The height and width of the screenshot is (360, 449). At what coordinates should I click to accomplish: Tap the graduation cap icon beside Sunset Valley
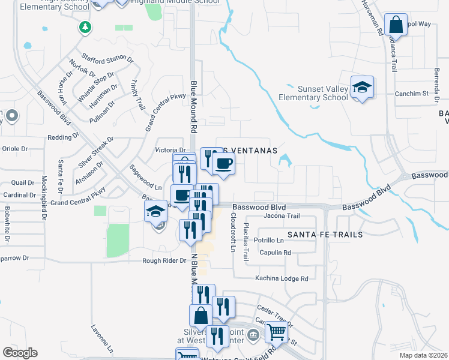tap(362, 88)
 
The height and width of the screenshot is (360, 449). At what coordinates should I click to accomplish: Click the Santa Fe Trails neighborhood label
tap(325, 235)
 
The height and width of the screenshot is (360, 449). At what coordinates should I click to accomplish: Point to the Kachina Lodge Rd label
tap(281, 278)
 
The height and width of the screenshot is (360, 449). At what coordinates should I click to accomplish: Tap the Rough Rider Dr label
tap(164, 260)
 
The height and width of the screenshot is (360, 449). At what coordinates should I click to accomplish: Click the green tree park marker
tap(85, 27)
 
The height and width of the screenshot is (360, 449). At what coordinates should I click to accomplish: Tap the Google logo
tap(20, 352)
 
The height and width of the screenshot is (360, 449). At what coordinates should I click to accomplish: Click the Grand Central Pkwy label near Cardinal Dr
tap(78, 197)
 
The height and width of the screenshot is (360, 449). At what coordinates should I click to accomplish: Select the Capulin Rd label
tap(276, 253)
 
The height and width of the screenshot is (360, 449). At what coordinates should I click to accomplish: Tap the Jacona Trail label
tap(281, 216)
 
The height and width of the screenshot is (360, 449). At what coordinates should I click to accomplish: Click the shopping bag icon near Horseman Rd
tap(396, 26)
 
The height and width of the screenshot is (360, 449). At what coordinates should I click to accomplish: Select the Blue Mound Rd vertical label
tap(194, 107)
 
